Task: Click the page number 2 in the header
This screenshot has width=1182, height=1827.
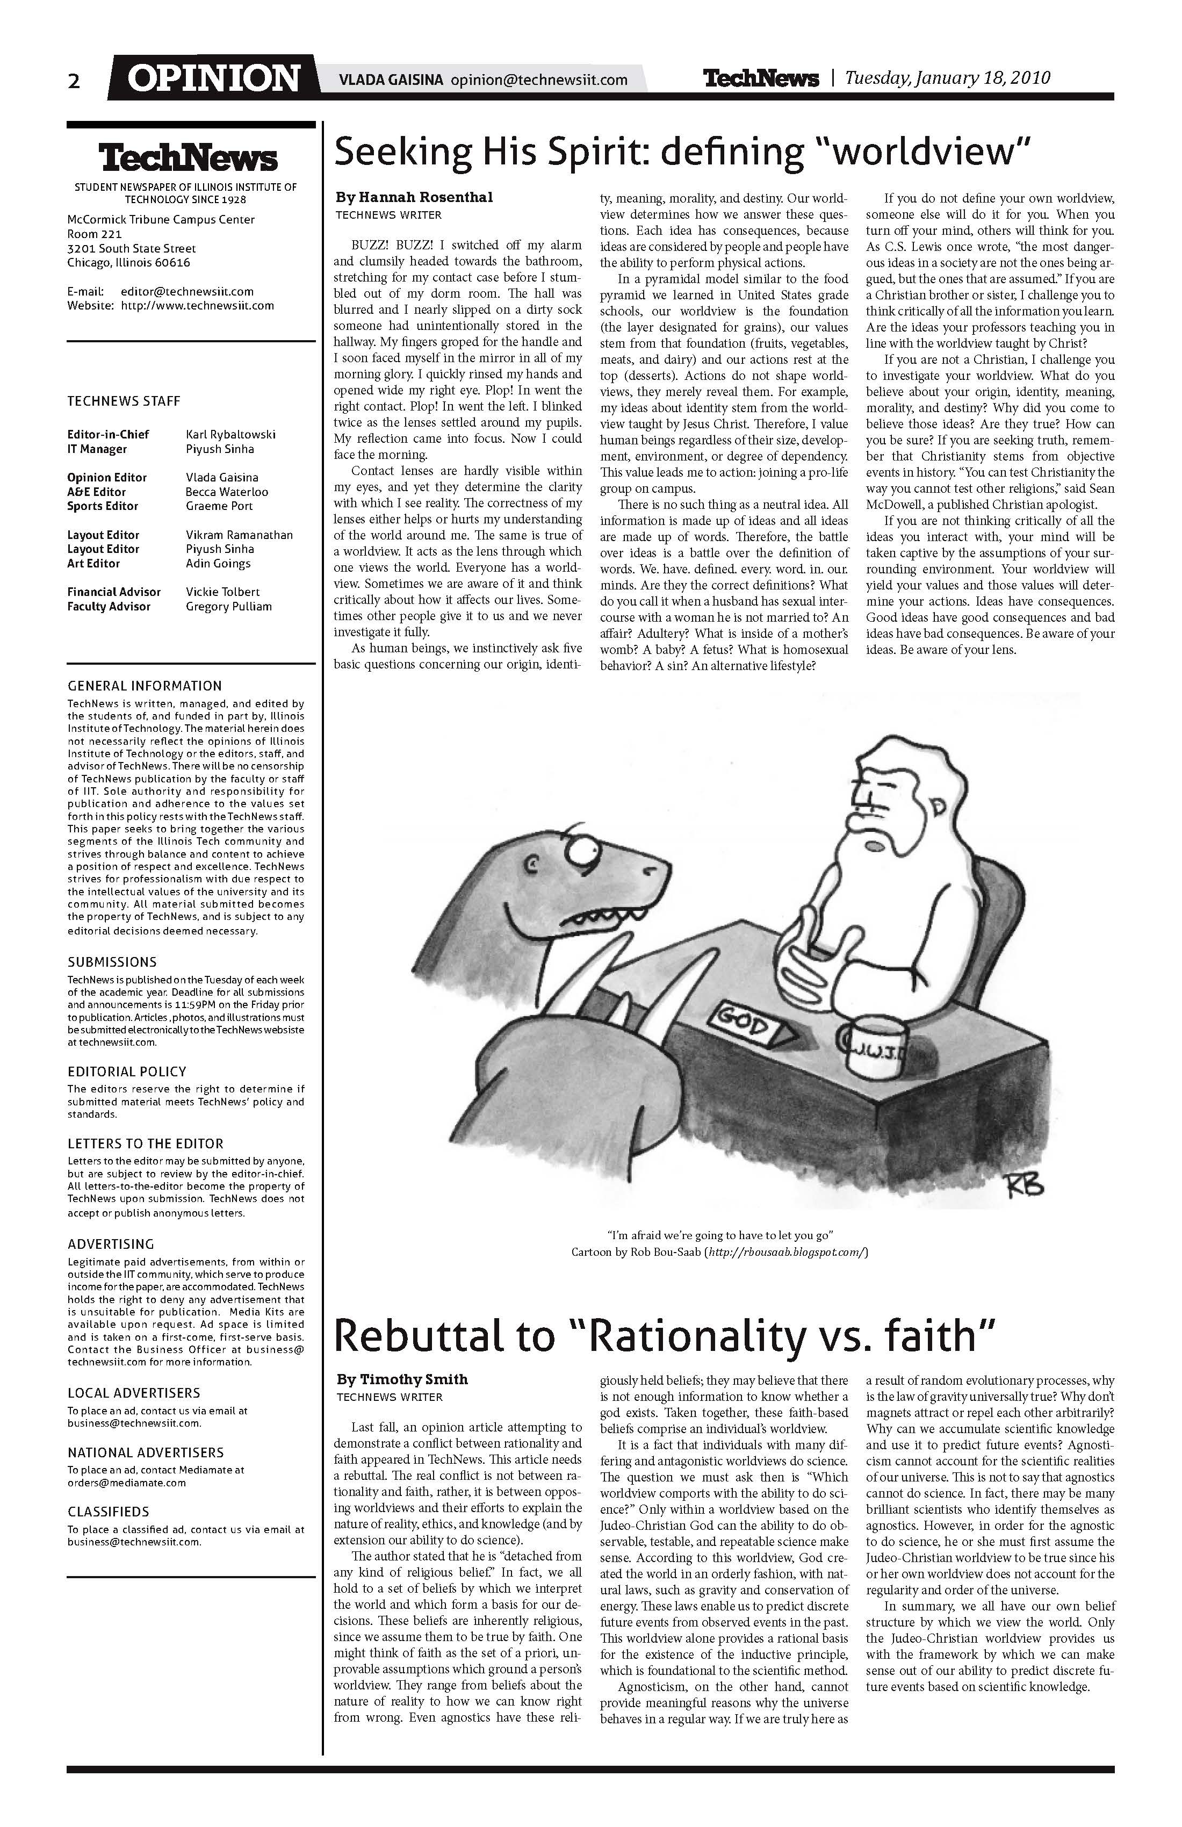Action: [x=74, y=81]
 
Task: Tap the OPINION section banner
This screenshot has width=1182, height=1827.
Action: [x=213, y=78]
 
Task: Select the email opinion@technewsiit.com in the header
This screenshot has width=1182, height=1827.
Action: [x=539, y=80]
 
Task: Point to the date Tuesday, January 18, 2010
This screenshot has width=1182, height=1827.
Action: [x=947, y=77]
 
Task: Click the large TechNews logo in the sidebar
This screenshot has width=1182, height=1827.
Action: [x=188, y=158]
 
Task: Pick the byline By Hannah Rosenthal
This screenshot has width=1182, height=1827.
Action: [x=414, y=197]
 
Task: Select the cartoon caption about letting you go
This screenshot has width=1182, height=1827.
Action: [x=719, y=1235]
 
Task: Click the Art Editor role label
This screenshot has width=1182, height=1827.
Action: [x=93, y=564]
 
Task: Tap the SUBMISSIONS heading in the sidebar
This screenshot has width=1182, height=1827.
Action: [x=112, y=962]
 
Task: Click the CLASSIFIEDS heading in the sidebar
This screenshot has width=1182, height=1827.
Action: [x=108, y=1512]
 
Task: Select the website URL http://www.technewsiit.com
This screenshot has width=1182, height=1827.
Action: [x=197, y=306]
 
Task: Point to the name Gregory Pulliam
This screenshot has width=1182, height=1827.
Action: [x=229, y=607]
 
